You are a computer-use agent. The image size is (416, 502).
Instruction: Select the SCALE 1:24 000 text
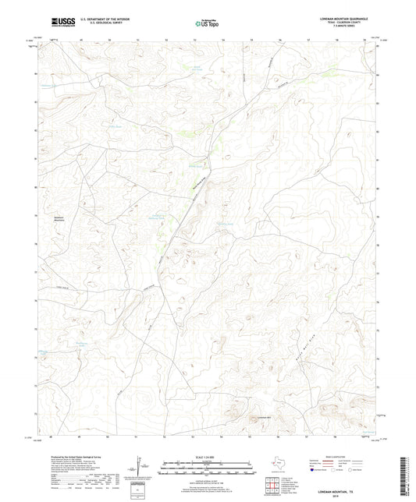pyautogui.click(x=207, y=456)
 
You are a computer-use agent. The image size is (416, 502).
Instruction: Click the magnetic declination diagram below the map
pyautogui.click(x=140, y=468)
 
